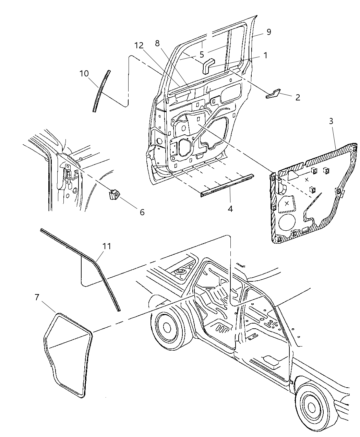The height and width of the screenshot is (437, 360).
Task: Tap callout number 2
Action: click(x=297, y=97)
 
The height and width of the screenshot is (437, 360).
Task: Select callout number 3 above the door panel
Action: click(x=331, y=121)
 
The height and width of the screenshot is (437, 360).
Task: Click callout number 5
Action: click(x=202, y=54)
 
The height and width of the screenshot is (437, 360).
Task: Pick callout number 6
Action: click(x=142, y=212)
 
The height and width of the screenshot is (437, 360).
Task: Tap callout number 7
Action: click(x=37, y=297)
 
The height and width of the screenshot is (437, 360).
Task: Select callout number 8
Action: click(x=157, y=43)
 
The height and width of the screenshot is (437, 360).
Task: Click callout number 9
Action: click(x=268, y=32)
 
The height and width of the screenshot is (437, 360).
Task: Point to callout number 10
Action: click(x=84, y=73)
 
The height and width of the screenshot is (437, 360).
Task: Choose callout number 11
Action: click(x=107, y=246)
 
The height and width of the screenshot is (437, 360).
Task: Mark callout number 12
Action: click(x=139, y=45)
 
